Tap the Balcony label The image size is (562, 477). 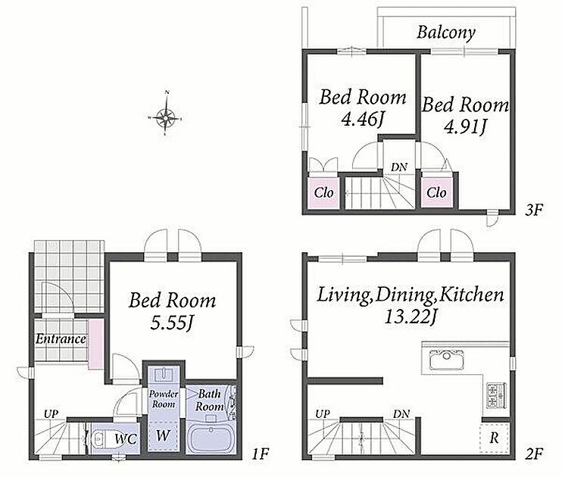(446, 33)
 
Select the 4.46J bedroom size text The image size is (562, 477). (362, 120)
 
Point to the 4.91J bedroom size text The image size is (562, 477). (464, 126)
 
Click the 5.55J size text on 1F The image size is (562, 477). (172, 323)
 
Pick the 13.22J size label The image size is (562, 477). (411, 316)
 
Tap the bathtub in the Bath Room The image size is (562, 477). (211, 438)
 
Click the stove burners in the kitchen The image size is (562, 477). (496, 395)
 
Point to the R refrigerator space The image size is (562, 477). (495, 438)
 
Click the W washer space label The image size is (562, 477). (163, 435)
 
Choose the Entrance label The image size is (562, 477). (61, 338)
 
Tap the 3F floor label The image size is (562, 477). (534, 210)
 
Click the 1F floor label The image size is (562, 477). (260, 454)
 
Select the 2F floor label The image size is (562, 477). (534, 454)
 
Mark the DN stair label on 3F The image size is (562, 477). (399, 167)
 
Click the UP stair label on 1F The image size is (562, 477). (51, 414)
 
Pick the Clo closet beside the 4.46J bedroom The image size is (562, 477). (323, 193)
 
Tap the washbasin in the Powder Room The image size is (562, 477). (164, 375)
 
